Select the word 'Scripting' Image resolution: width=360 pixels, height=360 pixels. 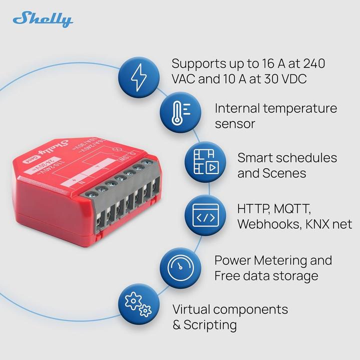[210, 325]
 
